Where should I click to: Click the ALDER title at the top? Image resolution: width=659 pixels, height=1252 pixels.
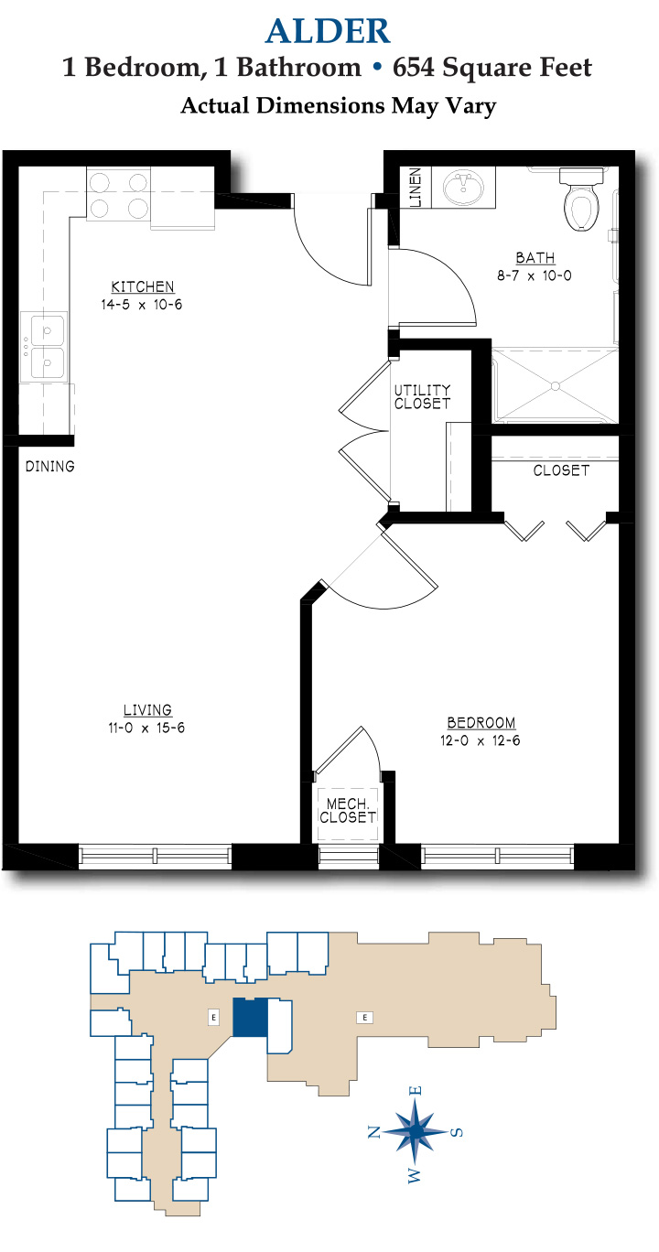[x=328, y=31]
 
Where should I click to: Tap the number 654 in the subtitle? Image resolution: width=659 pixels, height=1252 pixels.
[x=413, y=68]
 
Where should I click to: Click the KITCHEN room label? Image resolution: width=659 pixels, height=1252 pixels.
[x=143, y=286]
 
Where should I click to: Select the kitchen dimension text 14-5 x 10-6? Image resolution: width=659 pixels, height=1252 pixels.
[x=142, y=305]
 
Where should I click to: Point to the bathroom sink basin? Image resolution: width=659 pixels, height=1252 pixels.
[x=463, y=188]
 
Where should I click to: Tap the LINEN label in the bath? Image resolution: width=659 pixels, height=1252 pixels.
[x=416, y=188]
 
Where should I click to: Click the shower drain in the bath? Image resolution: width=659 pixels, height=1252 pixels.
[x=555, y=386]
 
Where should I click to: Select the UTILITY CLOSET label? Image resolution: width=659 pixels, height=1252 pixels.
[x=422, y=397]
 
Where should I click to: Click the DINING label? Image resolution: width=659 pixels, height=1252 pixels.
[x=49, y=466]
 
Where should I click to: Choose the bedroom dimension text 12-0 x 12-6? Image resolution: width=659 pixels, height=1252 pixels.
[x=481, y=740]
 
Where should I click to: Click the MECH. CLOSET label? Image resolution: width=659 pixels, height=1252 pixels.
[x=348, y=811]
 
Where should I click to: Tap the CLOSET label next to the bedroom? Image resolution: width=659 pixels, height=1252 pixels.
[x=561, y=470]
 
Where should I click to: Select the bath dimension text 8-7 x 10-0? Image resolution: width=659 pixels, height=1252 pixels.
[x=535, y=275]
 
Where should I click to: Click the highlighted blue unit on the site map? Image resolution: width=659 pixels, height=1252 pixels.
[x=251, y=1018]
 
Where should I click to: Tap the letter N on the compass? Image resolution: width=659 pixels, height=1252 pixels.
[x=374, y=1132]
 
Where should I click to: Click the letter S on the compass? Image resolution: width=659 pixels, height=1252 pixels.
[x=457, y=1132]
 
